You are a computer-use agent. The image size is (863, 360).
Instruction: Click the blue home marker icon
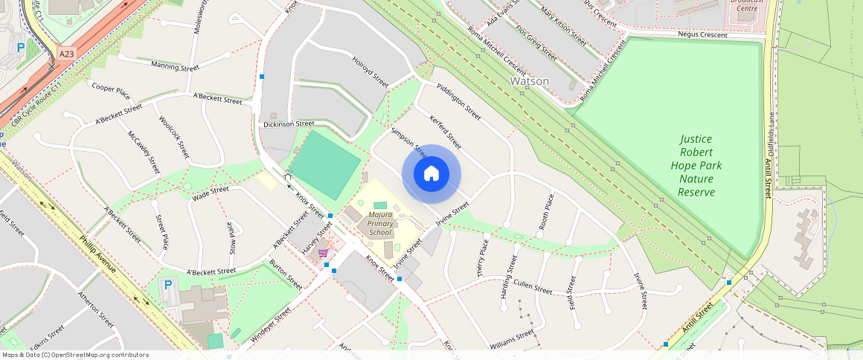(x=431, y=174)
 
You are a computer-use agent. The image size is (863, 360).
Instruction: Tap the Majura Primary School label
(x=380, y=224)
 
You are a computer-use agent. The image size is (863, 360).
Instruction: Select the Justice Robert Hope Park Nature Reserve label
(x=696, y=165)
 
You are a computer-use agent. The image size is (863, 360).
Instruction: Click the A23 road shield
(x=67, y=54)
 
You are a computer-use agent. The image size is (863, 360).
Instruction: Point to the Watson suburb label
(x=529, y=81)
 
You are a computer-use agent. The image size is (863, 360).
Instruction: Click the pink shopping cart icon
(x=323, y=253)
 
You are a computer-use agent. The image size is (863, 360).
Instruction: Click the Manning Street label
(x=175, y=67)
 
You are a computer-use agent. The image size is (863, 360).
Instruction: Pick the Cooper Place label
(x=111, y=91)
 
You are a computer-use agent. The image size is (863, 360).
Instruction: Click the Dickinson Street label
(x=289, y=123)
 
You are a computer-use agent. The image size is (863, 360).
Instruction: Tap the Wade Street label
(x=211, y=192)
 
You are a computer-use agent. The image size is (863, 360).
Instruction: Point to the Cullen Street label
(x=533, y=286)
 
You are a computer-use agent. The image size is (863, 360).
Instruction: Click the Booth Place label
(x=547, y=211)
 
